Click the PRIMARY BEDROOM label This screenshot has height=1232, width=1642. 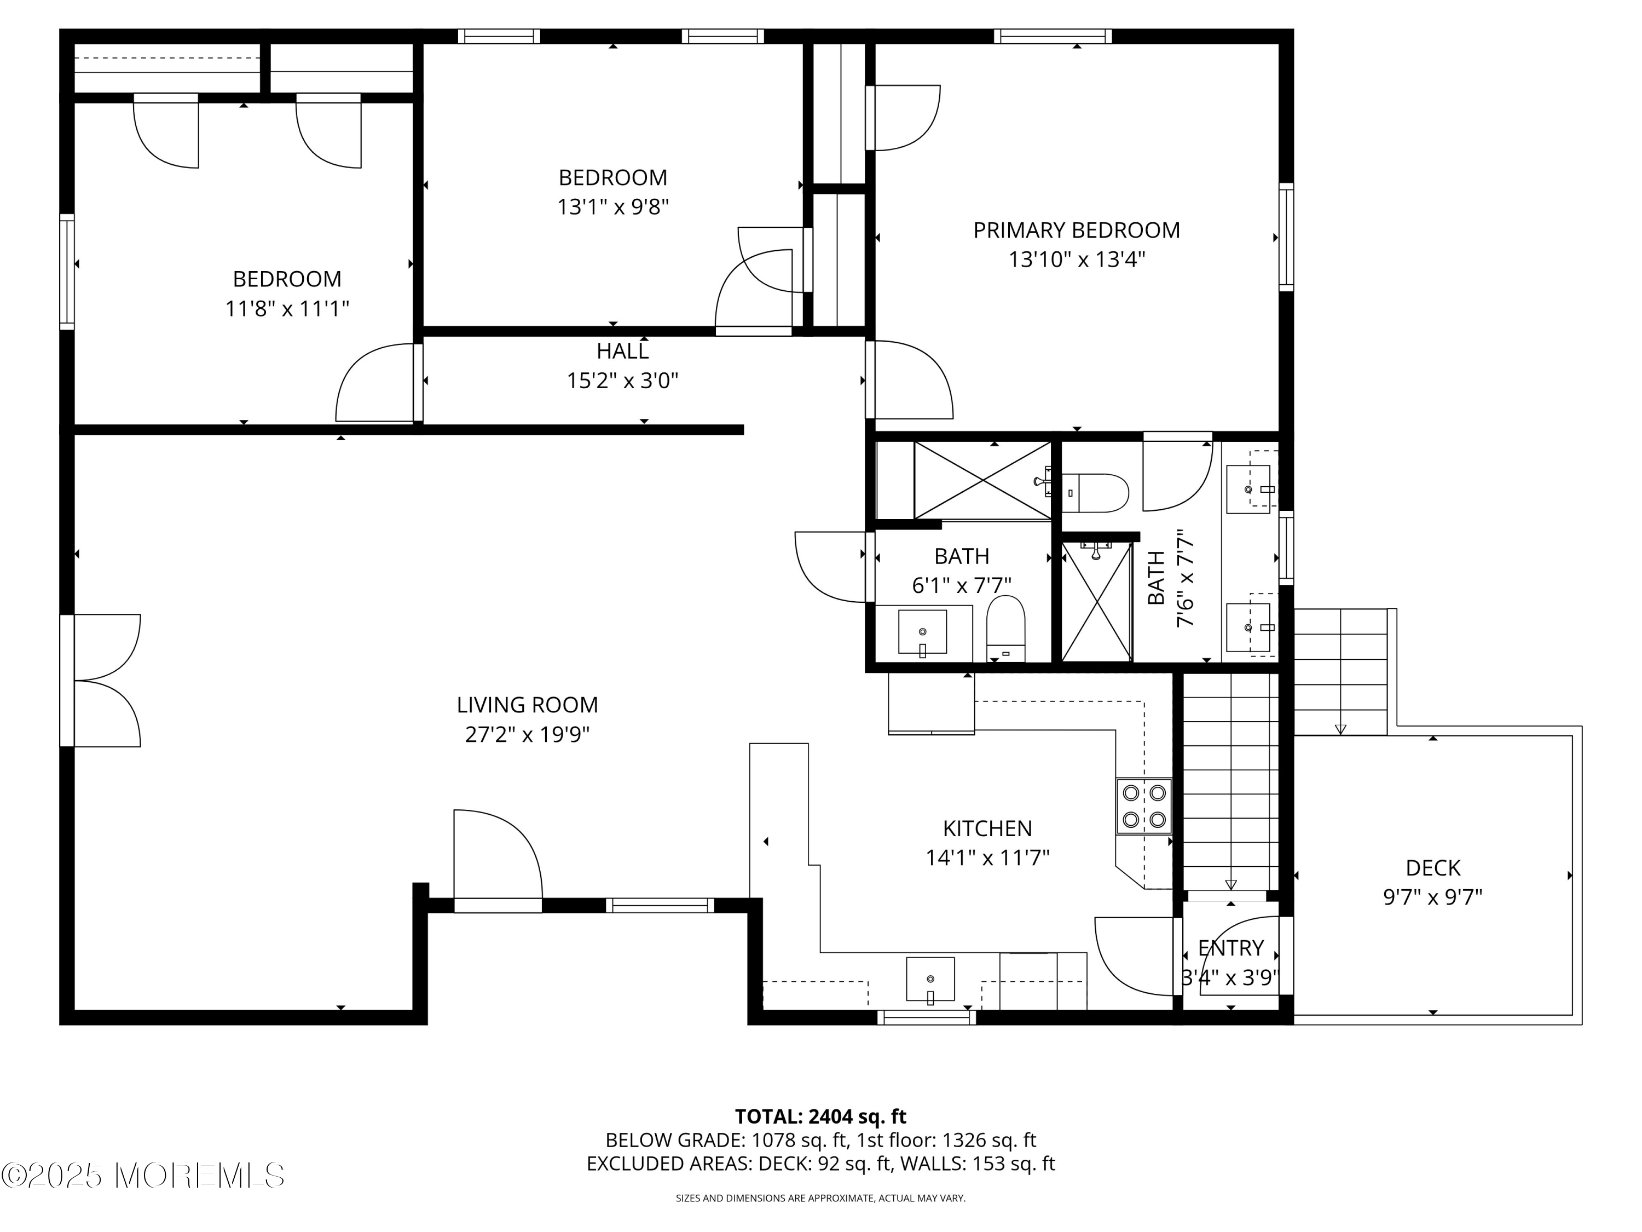click(1077, 230)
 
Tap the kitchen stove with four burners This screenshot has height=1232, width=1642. click(1144, 806)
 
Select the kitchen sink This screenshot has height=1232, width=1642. click(930, 980)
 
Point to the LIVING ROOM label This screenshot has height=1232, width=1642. click(527, 705)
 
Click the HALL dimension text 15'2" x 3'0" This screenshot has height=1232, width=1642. click(623, 381)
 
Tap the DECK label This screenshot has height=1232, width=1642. click(1433, 867)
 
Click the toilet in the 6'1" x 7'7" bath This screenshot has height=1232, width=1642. click(1006, 628)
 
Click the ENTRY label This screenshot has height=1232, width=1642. click(1231, 948)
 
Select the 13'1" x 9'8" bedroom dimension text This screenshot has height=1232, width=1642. click(613, 206)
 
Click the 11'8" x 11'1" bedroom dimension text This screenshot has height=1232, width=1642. click(287, 308)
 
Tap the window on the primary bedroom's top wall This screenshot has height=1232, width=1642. click(1053, 36)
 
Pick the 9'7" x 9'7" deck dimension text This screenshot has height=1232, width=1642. click(1433, 897)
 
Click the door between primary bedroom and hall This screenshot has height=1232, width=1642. click(909, 379)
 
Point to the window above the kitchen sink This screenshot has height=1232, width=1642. click(927, 1017)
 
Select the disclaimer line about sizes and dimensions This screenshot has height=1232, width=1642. click(820, 1198)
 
